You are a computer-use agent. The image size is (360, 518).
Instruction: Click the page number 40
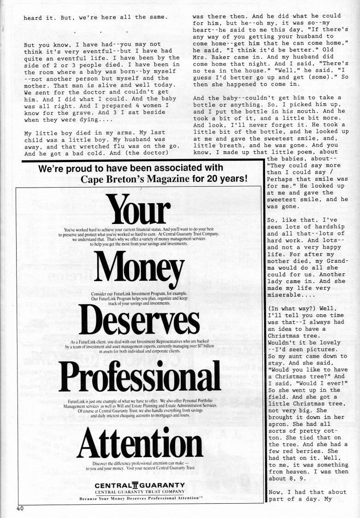point(20,509)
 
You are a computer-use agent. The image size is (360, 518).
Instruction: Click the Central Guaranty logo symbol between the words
point(135,485)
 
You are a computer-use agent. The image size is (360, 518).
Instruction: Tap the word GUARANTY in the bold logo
point(161,485)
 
